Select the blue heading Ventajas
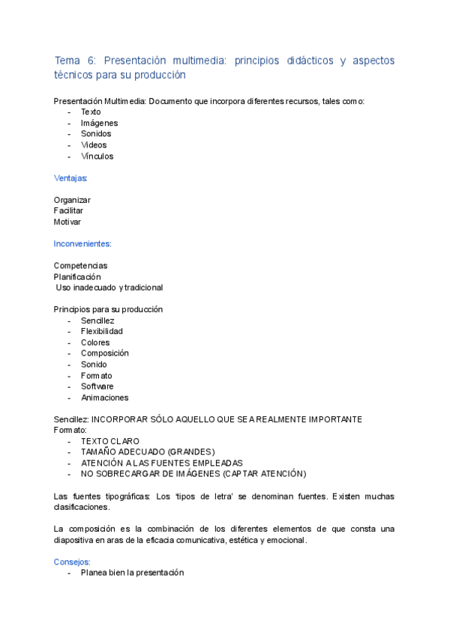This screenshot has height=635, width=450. (x=70, y=178)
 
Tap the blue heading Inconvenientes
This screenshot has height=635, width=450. (x=82, y=244)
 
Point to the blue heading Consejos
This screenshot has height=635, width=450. (x=72, y=562)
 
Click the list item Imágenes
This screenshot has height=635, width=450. (x=99, y=123)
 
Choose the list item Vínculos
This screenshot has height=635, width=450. (x=97, y=157)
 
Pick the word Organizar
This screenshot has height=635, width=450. (x=72, y=200)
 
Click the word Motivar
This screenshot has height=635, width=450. (x=67, y=222)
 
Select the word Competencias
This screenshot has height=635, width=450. (x=80, y=266)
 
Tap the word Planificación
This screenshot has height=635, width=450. (x=77, y=276)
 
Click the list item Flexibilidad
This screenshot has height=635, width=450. (x=102, y=331)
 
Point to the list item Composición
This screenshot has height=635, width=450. (x=105, y=353)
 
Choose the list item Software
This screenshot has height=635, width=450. (x=97, y=386)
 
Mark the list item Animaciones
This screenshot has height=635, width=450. (x=105, y=398)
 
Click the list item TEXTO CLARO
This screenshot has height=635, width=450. (x=110, y=441)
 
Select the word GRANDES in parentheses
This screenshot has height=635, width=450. (x=190, y=452)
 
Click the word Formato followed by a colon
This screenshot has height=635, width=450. (x=70, y=431)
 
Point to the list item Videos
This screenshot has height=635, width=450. (x=94, y=145)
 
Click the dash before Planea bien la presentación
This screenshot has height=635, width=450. (x=70, y=573)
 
